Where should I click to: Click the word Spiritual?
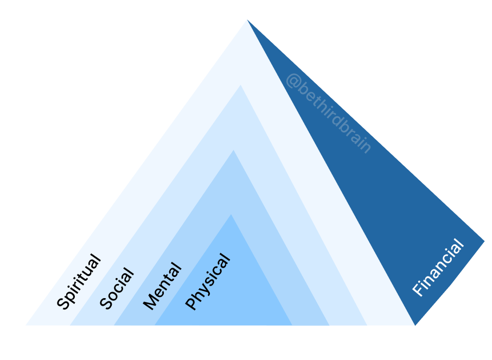click(x=79, y=282)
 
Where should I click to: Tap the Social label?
click(x=117, y=289)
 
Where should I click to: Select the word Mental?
click(x=162, y=286)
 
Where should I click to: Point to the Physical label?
click(x=208, y=282)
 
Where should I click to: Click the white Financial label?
click(x=438, y=268)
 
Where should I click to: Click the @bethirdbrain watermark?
click(x=328, y=113)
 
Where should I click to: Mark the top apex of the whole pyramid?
click(x=247, y=20)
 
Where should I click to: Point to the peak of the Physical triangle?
click(x=232, y=215)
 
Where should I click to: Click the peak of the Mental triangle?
click(x=234, y=150)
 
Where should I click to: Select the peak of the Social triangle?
click(x=240, y=85)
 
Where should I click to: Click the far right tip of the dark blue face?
click(x=484, y=240)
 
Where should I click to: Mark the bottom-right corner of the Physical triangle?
click(x=292, y=325)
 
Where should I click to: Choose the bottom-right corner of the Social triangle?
click(x=367, y=325)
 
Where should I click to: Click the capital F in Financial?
click(x=418, y=290)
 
